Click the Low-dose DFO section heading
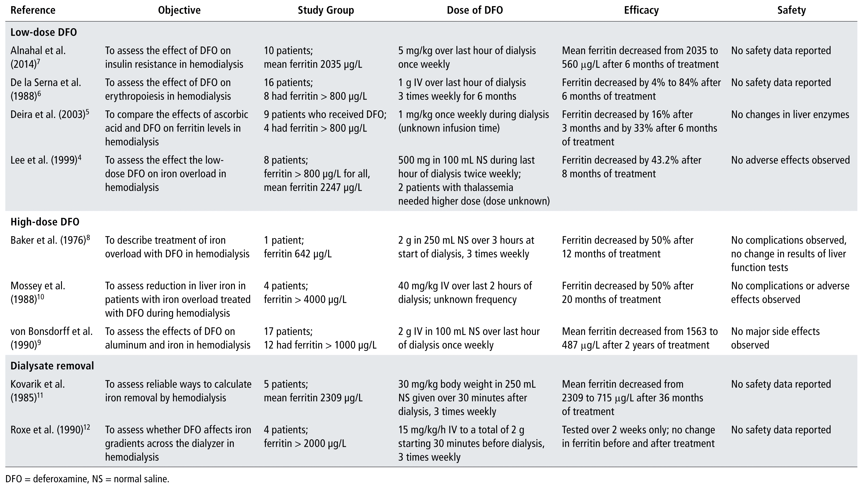(44, 32)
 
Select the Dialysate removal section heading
(52, 366)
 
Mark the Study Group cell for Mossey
(305, 293)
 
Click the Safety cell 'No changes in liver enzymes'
(790, 115)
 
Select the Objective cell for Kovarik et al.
(178, 391)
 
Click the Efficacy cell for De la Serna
(641, 89)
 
